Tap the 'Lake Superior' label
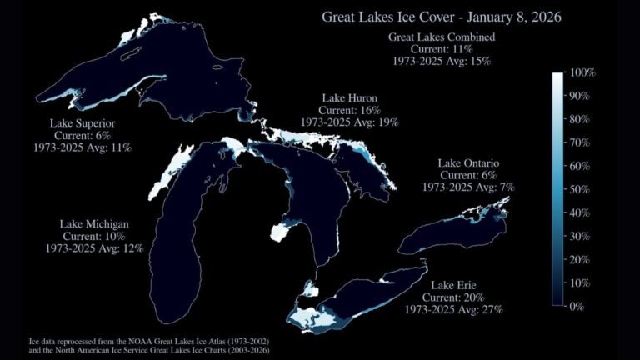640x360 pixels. [x=82, y=124]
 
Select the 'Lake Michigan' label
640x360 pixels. [x=94, y=224]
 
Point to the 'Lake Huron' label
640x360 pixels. [x=350, y=98]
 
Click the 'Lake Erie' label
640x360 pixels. [x=455, y=286]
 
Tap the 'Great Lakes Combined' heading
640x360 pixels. [x=442, y=37]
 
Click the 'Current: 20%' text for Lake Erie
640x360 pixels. [x=455, y=297]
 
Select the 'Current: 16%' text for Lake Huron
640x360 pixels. [x=350, y=110]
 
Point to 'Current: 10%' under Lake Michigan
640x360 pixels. [x=94, y=236]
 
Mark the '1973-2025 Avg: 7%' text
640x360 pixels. [x=467, y=187]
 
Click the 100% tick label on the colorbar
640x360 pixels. [x=580, y=73]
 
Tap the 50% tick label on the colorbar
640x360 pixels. [x=578, y=190]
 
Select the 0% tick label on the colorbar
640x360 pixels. [x=576, y=307]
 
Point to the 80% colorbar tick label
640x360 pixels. [x=578, y=120]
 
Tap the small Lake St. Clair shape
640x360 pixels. [x=310, y=289]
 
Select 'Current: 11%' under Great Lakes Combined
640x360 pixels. [x=442, y=49]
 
